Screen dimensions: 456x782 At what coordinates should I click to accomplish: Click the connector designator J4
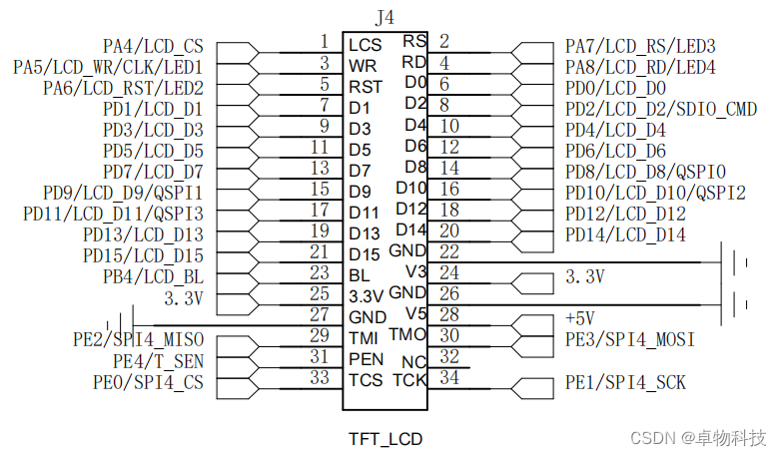(385, 17)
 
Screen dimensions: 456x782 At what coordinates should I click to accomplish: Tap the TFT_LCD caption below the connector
(386, 438)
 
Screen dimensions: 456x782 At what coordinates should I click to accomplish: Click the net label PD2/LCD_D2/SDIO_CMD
(661, 109)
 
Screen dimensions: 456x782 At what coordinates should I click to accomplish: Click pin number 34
(449, 379)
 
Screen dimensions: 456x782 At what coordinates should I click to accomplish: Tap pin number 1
(324, 41)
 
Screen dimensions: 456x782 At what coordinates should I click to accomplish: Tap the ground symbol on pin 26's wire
(739, 302)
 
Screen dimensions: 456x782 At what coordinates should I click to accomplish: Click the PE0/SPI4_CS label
(148, 381)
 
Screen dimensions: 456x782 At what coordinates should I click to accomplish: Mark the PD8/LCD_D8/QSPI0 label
(645, 172)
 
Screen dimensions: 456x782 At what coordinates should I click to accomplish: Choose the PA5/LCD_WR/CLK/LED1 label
(108, 67)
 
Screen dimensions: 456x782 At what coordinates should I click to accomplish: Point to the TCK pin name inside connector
(409, 379)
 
